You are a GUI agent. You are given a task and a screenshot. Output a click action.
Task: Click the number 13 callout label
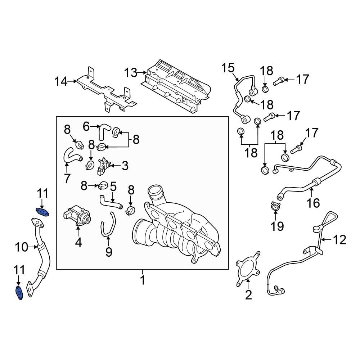click(x=131, y=73)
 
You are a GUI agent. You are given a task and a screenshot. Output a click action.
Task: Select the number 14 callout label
click(x=60, y=82)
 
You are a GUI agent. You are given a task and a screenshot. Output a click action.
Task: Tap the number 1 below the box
click(x=143, y=279)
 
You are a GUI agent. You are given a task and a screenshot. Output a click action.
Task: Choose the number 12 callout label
click(x=339, y=239)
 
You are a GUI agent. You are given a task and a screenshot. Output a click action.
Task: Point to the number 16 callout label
click(x=313, y=203)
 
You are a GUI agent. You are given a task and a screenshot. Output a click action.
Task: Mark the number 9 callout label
click(x=109, y=252)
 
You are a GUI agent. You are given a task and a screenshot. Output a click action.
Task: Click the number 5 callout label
click(x=113, y=186)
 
